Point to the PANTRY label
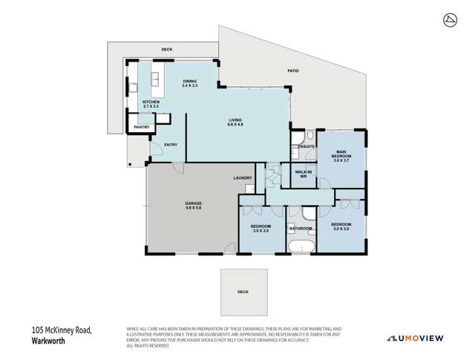pyautogui.click(x=142, y=128)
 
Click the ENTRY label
pyautogui.click(x=171, y=145)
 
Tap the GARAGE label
pyautogui.click(x=194, y=205)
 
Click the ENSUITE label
pyautogui.click(x=307, y=147)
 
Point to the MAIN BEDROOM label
pyautogui.click(x=341, y=157)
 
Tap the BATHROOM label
pyautogui.click(x=301, y=228)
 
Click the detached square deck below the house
pyautogui.click(x=243, y=292)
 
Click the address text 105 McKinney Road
pyautogui.click(x=62, y=330)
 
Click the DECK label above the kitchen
pyautogui.click(x=166, y=50)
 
